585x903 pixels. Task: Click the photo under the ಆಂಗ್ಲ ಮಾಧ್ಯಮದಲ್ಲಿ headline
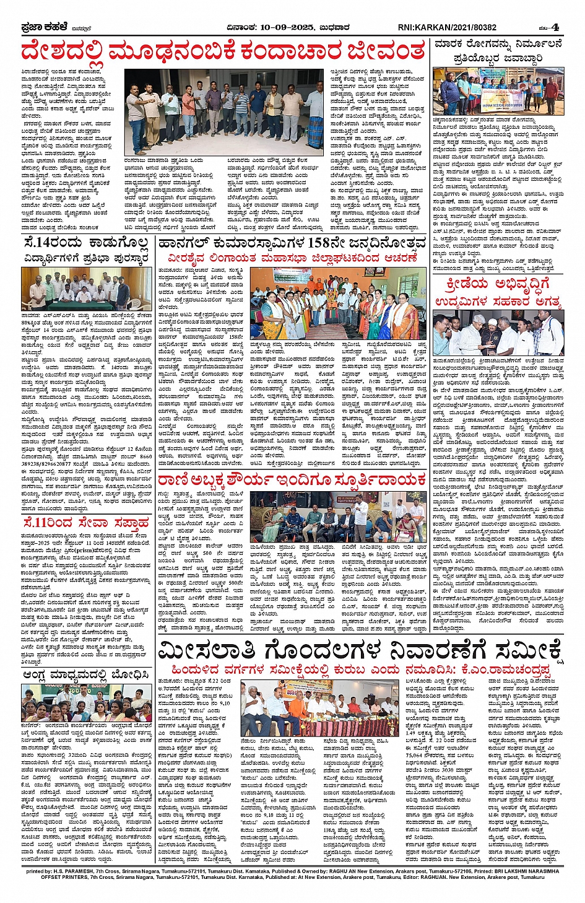pyautogui.click(x=86, y=702)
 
